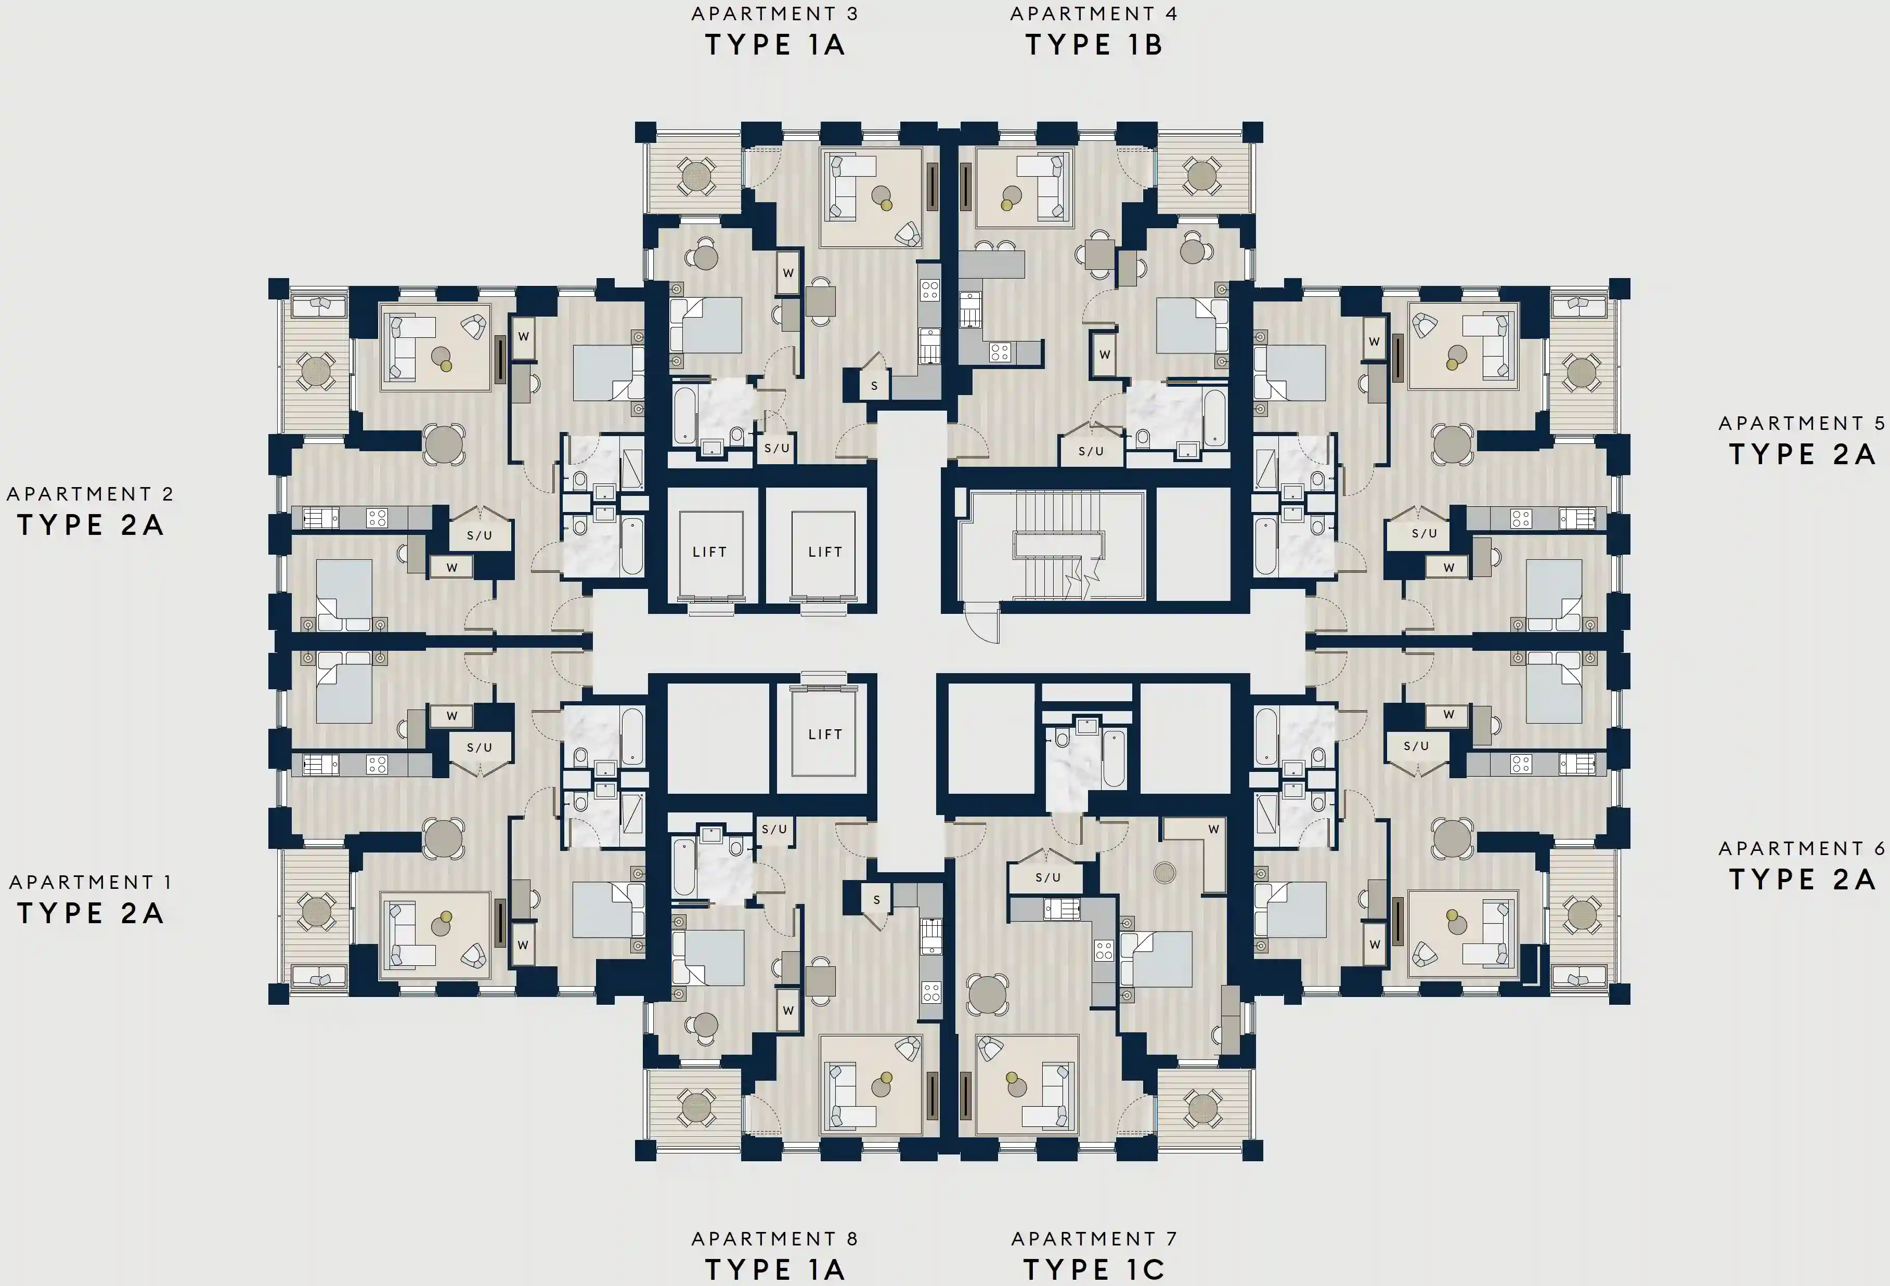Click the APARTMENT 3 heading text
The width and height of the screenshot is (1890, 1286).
[x=774, y=14]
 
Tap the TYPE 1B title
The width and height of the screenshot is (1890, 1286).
[x=1094, y=45]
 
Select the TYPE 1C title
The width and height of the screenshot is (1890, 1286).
[x=1094, y=1269]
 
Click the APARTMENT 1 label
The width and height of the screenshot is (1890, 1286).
[x=90, y=882]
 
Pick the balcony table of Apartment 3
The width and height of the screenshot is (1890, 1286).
[x=696, y=176]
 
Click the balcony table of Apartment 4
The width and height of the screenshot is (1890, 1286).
[x=1201, y=176]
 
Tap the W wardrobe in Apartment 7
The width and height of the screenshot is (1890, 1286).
[x=1212, y=829]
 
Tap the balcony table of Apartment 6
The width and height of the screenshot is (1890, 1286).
[x=1581, y=914]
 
